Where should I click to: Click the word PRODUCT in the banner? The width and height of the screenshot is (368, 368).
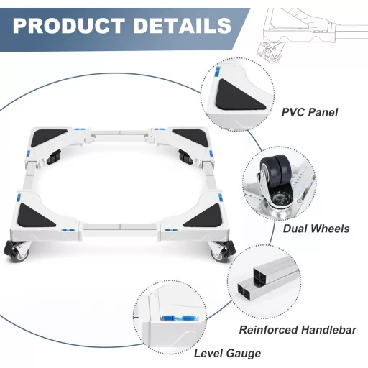(x=69, y=25)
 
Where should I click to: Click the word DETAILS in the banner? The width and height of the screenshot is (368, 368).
(x=182, y=25)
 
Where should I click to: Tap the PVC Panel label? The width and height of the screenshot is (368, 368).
(x=310, y=112)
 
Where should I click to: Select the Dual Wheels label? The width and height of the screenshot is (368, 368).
(x=316, y=229)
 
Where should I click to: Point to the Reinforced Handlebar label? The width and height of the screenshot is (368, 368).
(x=298, y=330)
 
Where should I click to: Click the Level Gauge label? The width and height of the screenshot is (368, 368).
(x=227, y=354)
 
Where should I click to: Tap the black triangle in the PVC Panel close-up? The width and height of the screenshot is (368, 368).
(x=239, y=94)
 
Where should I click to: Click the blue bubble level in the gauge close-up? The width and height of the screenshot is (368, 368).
(x=178, y=318)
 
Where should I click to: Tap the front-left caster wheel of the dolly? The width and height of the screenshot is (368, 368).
(x=17, y=251)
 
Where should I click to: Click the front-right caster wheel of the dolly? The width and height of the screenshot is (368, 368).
(x=221, y=251)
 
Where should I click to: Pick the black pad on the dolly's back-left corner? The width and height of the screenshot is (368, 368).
(x=49, y=137)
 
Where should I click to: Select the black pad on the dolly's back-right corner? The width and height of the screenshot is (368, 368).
(x=192, y=137)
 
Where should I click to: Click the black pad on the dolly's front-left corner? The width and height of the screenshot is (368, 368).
(x=36, y=215)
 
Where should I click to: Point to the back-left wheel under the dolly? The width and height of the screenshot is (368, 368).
(x=54, y=157)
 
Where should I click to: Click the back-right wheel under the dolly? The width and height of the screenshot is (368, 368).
(x=185, y=157)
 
